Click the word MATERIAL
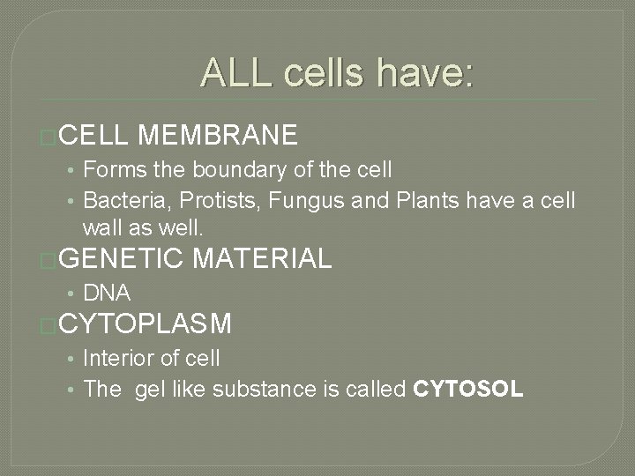(261, 258)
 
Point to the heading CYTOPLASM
(144, 324)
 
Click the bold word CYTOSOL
(468, 390)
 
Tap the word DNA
(107, 292)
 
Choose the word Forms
(109, 168)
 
